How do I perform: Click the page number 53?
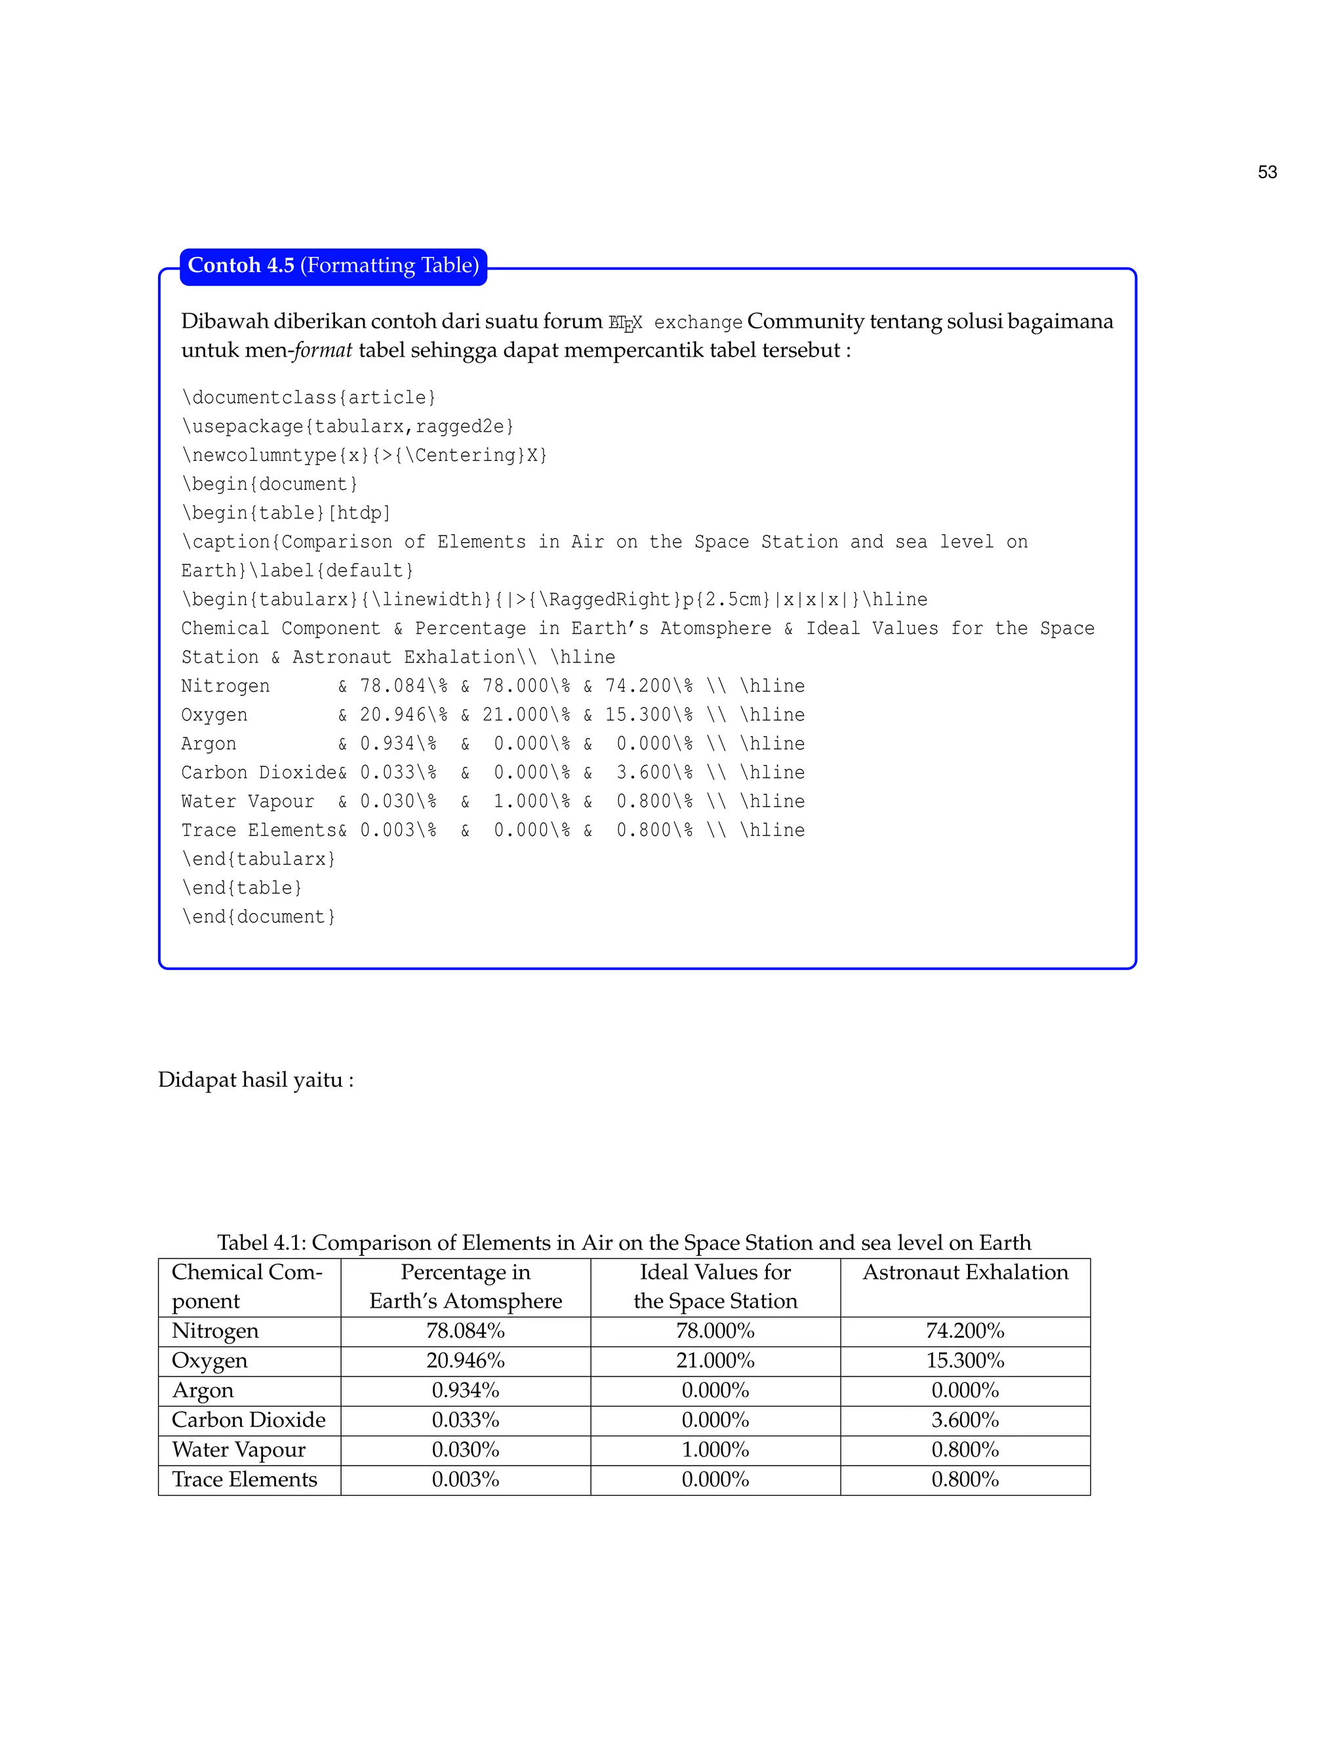click(1267, 172)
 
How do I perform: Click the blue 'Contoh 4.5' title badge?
click(333, 265)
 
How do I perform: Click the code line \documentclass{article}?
click(309, 398)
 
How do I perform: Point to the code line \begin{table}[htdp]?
click(287, 513)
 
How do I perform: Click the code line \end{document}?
click(258, 917)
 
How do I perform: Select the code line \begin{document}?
click(270, 484)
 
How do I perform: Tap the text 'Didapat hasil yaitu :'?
click(255, 1080)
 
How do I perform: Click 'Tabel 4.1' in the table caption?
click(261, 1243)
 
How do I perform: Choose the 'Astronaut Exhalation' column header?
click(965, 1272)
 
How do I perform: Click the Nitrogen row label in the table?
click(215, 1331)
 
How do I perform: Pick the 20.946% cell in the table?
click(466, 1361)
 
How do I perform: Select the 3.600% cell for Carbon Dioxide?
click(965, 1420)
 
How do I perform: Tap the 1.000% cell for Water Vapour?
click(715, 1450)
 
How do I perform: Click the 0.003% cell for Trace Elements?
click(466, 1479)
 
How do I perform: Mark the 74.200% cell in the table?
click(965, 1331)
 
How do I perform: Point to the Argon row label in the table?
click(203, 1391)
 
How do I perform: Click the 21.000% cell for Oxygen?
click(715, 1361)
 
